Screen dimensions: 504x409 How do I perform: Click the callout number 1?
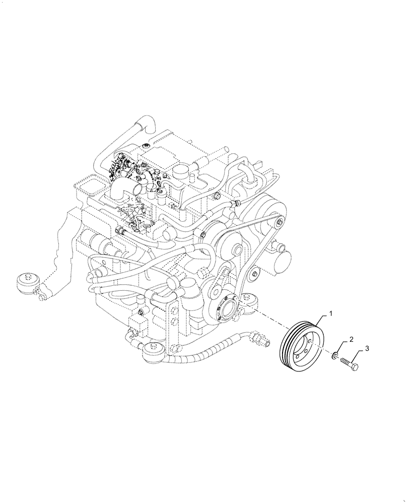coord(330,313)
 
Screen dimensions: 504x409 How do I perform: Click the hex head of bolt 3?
coord(355,367)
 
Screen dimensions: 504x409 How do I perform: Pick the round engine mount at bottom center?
coord(154,351)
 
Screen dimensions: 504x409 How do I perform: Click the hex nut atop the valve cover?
coord(146,146)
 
